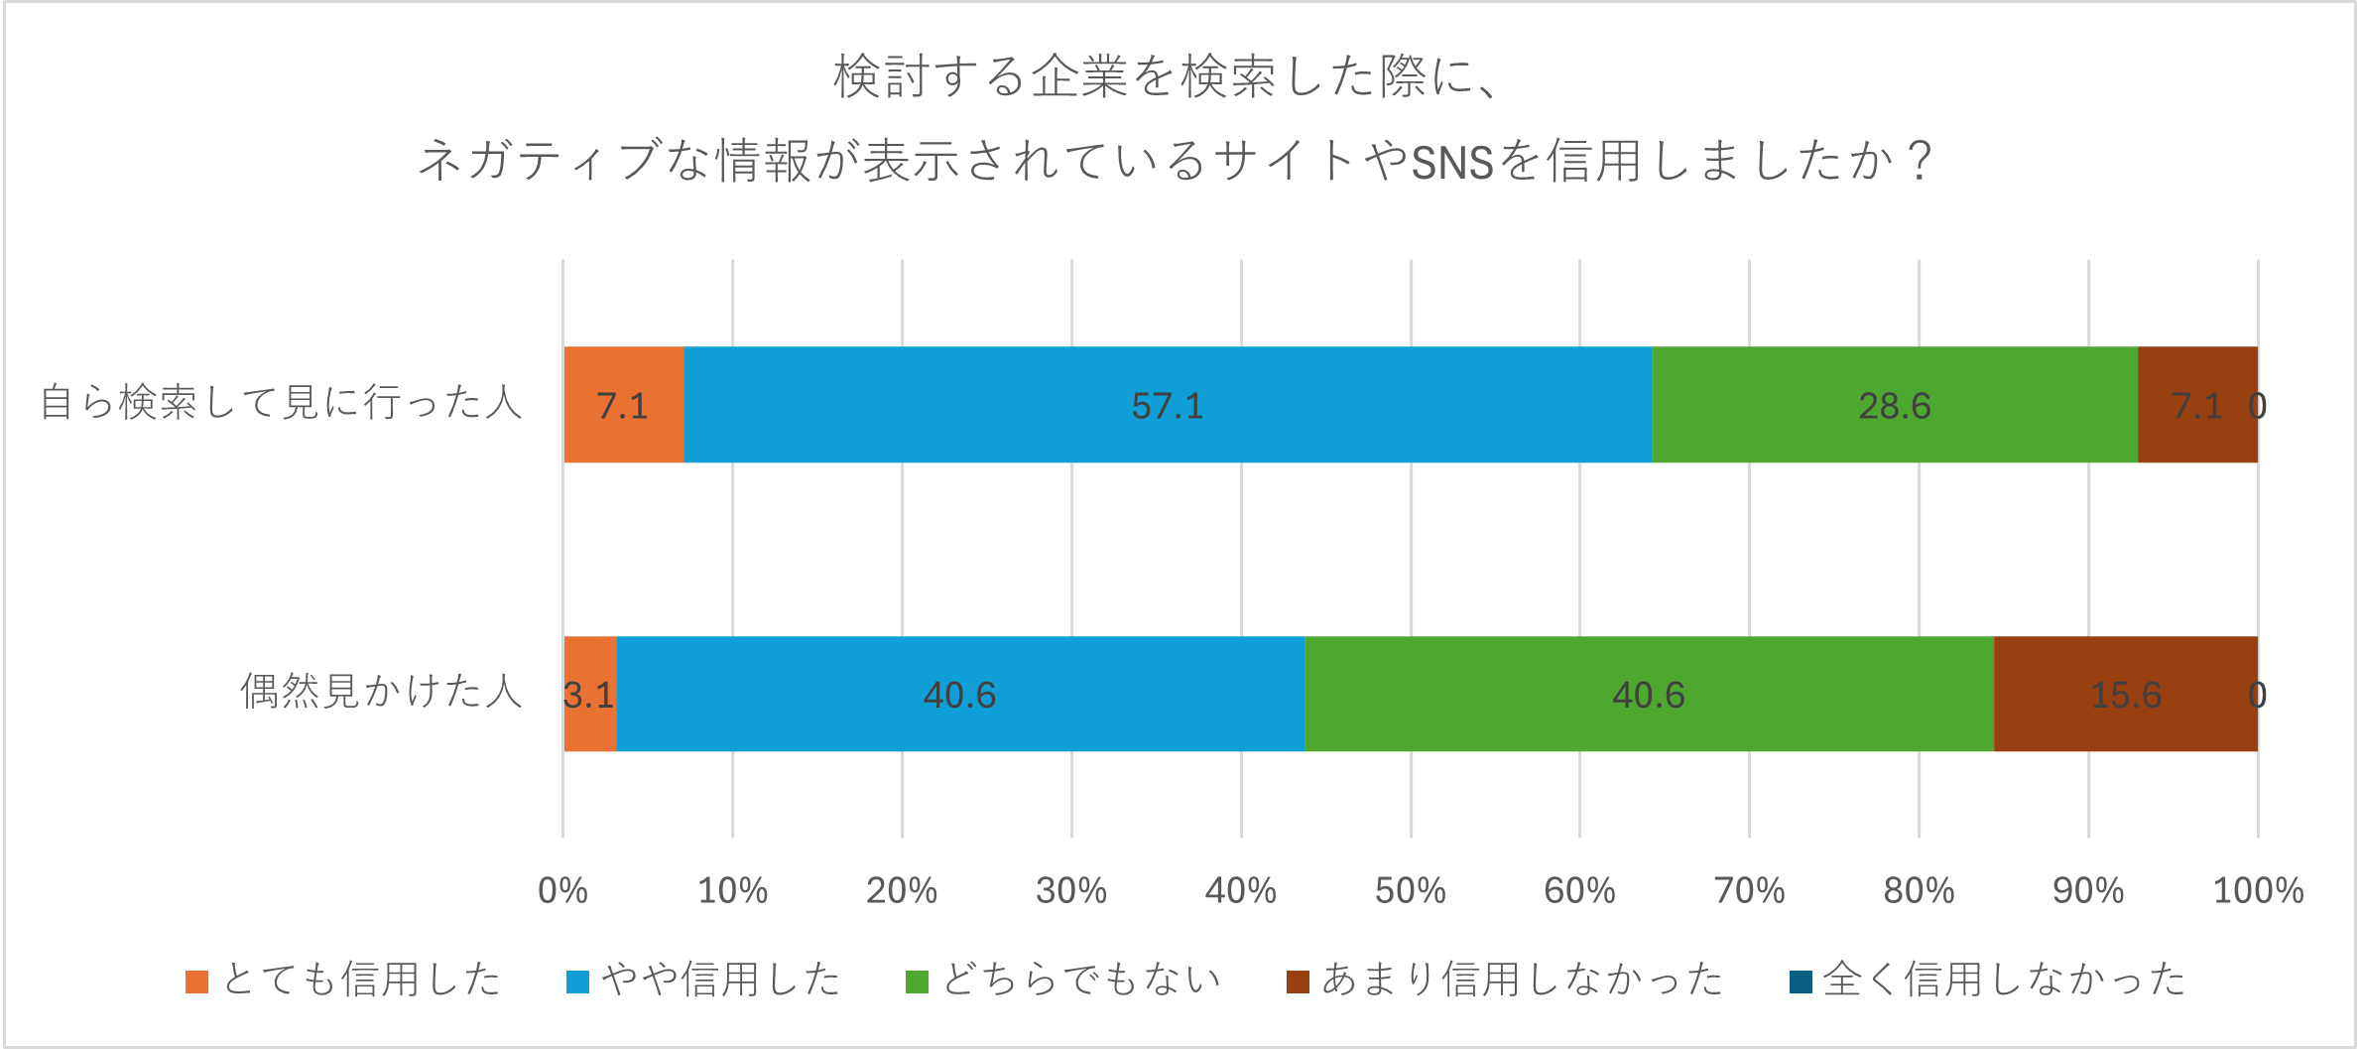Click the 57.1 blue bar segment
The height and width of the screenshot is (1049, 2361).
pos(1168,405)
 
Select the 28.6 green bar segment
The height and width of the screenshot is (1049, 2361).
pos(1895,405)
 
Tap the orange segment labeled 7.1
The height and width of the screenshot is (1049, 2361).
pos(623,405)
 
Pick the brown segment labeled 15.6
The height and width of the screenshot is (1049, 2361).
pos(2125,694)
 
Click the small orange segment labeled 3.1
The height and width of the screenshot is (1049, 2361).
pos(590,694)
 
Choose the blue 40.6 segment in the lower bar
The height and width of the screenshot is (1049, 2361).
pos(959,694)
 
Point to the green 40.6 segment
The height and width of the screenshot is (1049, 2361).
pos(1648,694)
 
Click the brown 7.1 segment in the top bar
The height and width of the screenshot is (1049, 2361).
pos(2196,405)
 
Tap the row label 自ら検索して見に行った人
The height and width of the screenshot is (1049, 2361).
pos(281,403)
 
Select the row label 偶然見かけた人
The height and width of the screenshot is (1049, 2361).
pos(381,692)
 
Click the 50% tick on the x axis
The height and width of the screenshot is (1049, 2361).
pos(1410,890)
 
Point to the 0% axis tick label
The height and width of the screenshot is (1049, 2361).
pos(562,890)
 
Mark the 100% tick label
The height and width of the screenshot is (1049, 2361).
pos(2258,890)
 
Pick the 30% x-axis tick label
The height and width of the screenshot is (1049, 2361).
pos(1071,890)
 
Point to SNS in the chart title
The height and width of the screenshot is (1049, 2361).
pos(1452,162)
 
